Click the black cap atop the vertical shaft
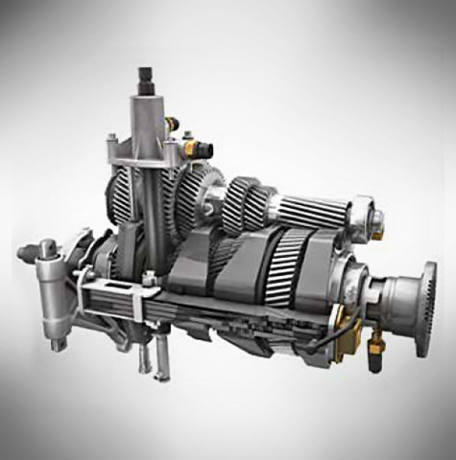click(x=148, y=76)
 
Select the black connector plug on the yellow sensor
click(x=204, y=149)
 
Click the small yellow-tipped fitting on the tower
click(x=173, y=121)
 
